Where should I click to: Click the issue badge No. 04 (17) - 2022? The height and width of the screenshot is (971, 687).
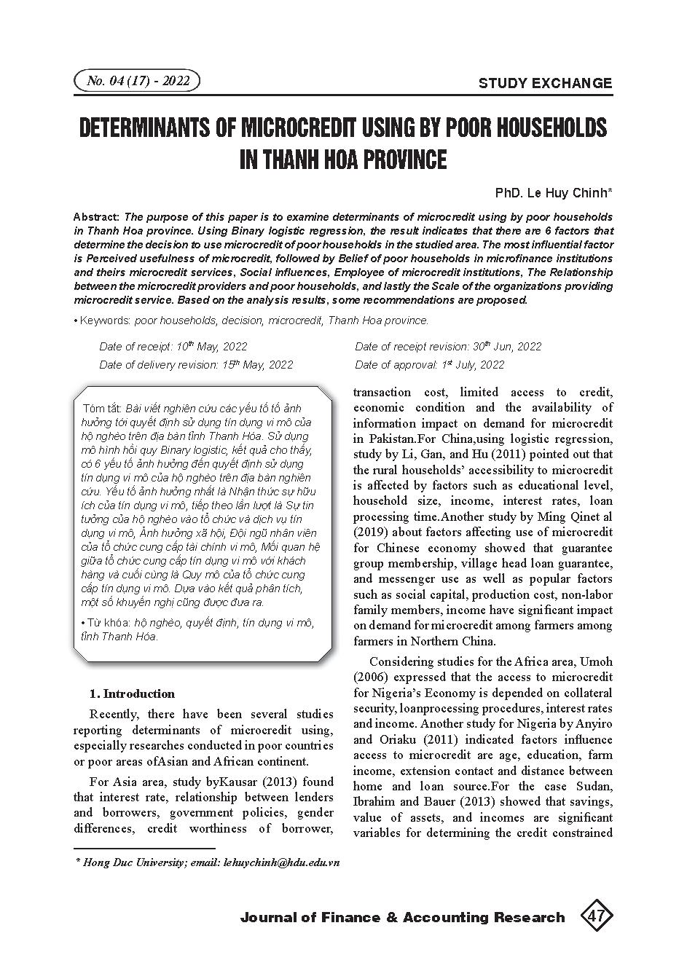[x=137, y=81]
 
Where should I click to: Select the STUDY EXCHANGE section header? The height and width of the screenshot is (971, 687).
[x=545, y=83]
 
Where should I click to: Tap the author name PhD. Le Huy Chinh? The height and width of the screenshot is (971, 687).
[x=553, y=193]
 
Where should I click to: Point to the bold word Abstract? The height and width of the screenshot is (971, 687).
[x=97, y=217]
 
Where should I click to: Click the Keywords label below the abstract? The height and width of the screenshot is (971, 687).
[x=105, y=321]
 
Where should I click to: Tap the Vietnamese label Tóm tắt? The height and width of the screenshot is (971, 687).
[x=103, y=408]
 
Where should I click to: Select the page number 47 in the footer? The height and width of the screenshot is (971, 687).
[x=595, y=916]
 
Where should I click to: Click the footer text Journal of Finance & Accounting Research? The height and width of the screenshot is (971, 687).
[x=402, y=917]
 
